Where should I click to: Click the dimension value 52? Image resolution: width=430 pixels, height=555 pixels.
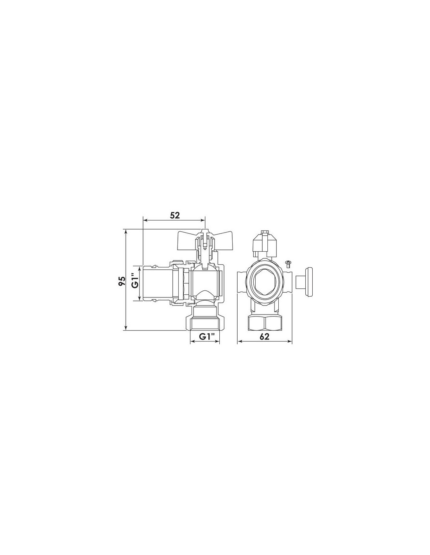[175, 215]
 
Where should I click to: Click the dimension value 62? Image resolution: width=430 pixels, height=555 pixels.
[265, 336]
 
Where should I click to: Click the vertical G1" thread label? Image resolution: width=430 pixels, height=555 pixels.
[135, 281]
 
